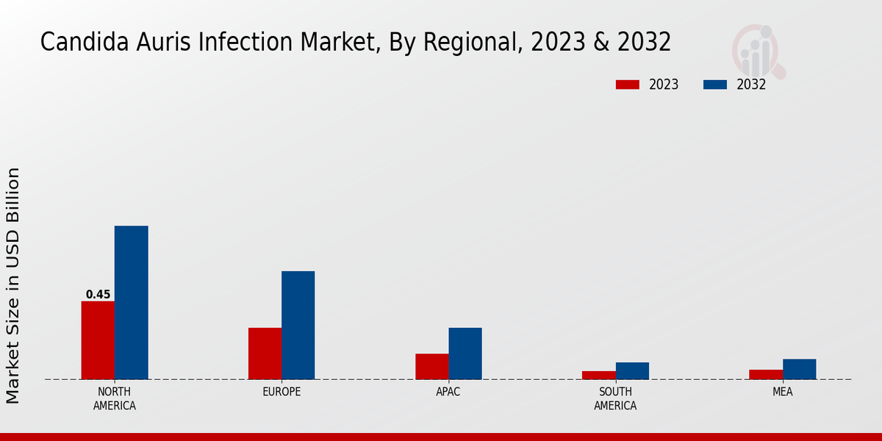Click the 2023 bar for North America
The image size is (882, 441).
tap(98, 340)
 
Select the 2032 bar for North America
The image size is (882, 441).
tap(131, 303)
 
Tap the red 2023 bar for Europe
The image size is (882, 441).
tap(265, 354)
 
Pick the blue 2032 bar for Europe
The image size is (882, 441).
tap(298, 326)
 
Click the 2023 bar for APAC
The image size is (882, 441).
tap(431, 367)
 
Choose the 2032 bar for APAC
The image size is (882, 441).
tap(465, 354)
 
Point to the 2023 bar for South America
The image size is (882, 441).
tap(598, 375)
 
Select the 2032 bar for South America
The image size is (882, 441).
tap(632, 370)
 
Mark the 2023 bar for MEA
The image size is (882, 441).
tap(766, 374)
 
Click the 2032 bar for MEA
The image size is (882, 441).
tap(799, 369)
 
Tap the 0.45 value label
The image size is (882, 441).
tap(98, 295)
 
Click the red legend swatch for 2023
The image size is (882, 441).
tap(627, 85)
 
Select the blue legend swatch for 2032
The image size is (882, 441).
tap(714, 85)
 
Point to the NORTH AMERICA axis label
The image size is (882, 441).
tap(115, 398)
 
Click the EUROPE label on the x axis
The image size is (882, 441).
tap(282, 392)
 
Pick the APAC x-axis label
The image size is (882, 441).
tap(448, 392)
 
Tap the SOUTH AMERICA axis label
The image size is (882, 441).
tap(615, 398)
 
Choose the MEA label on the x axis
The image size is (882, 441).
tap(782, 392)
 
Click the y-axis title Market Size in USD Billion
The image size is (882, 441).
tap(13, 285)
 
